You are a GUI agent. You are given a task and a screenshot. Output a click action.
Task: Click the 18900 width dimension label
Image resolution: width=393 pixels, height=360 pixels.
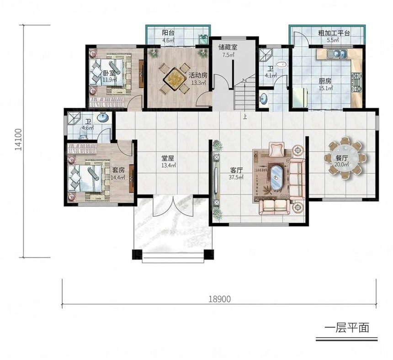(x=219, y=299)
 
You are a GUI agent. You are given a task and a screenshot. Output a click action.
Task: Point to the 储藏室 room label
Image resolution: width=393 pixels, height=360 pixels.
(x=228, y=47)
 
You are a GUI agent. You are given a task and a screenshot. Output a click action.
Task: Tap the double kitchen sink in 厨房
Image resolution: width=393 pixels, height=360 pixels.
(x=338, y=54)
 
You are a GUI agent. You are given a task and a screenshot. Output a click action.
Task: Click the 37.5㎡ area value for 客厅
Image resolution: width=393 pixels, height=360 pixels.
(x=237, y=177)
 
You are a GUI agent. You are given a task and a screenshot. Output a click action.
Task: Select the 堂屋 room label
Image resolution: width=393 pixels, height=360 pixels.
(x=167, y=158)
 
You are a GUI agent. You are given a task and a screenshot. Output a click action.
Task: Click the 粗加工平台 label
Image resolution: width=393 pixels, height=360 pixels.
(x=334, y=33)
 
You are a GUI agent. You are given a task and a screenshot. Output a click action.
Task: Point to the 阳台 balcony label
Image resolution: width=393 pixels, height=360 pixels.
(x=168, y=33)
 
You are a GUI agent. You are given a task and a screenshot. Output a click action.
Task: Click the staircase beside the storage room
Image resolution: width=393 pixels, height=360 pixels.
(x=245, y=95)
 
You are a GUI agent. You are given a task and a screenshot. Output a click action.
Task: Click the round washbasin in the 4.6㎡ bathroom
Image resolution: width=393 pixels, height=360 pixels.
(x=103, y=117)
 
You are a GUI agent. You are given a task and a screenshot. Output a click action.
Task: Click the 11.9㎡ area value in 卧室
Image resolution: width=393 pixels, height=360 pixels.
(x=110, y=80)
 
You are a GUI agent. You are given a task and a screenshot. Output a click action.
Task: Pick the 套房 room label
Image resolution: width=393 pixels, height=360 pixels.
(x=118, y=170)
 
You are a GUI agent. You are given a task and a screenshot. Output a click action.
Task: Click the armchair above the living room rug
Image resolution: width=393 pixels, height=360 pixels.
(x=277, y=149)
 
